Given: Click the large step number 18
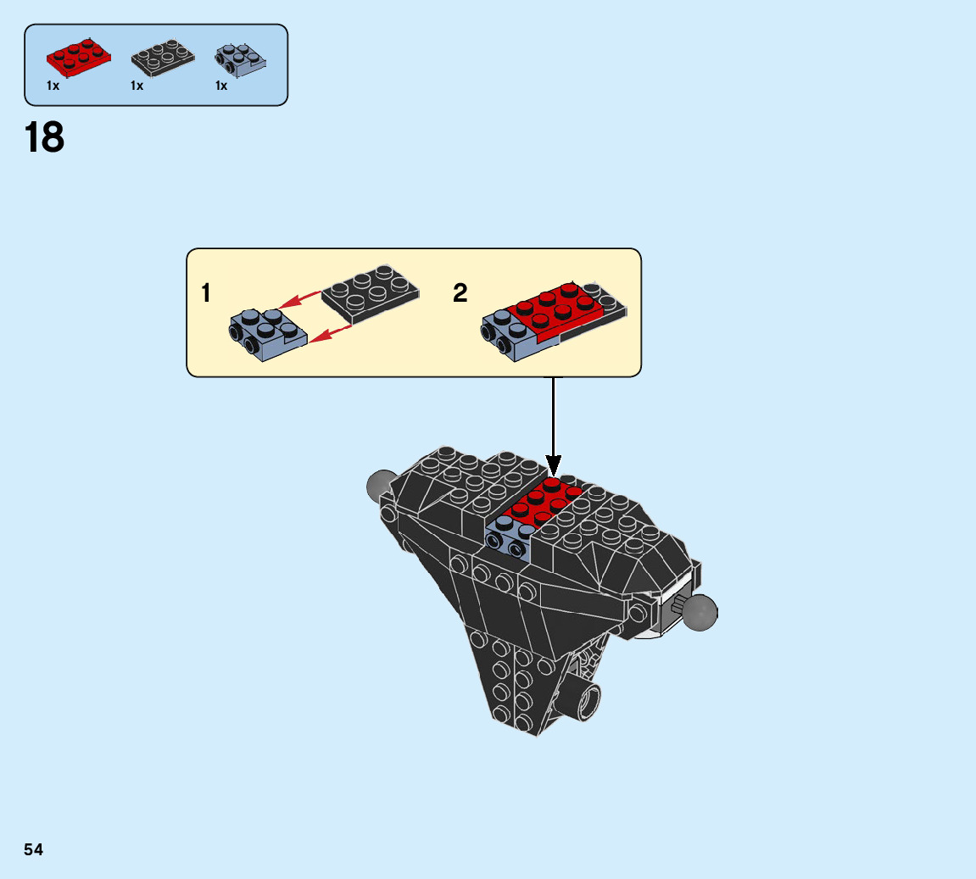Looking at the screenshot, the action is point(45,137).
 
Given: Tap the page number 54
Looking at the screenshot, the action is point(33,849).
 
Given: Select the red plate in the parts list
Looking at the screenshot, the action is point(79,57).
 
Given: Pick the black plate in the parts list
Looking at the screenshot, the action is point(164,57).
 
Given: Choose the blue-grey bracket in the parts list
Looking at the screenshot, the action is point(241,58).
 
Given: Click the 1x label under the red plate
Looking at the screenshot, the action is point(53,86).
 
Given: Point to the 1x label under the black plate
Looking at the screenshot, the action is point(137,86).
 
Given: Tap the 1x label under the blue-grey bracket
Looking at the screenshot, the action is point(221,86).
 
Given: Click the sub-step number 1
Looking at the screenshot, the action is point(206,294).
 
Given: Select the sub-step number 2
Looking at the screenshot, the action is point(460,294).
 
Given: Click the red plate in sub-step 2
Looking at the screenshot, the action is point(555,309).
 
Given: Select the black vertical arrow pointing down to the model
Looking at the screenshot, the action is point(554,424).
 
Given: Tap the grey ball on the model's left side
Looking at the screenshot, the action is point(380,486).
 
